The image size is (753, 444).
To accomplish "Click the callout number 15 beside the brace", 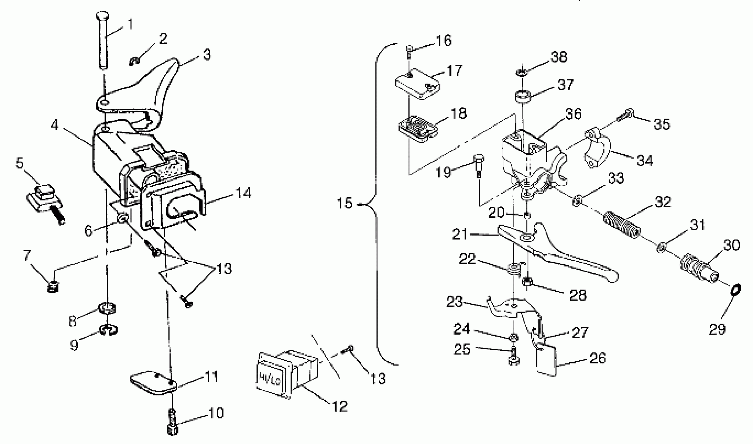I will pyautogui.click(x=345, y=203).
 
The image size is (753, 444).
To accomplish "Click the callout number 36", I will pyautogui.click(x=573, y=114).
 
